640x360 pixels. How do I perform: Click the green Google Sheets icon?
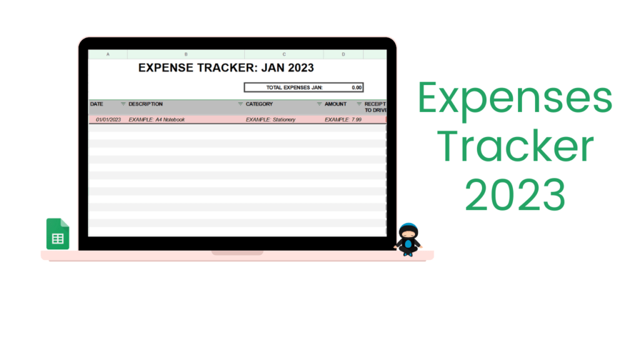[x=57, y=234]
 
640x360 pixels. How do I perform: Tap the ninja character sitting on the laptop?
[x=407, y=239]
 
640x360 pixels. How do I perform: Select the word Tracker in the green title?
[x=515, y=146]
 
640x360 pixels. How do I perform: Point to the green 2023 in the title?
[x=515, y=194]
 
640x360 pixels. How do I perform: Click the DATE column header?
[x=97, y=104]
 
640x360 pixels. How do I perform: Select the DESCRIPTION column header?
[x=145, y=104]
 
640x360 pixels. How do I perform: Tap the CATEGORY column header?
[x=259, y=104]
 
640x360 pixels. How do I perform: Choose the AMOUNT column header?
[x=336, y=104]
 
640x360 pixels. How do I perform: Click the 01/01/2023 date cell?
[x=108, y=119]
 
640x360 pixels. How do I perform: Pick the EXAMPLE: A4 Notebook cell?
[x=157, y=119]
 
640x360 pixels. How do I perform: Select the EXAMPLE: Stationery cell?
[x=271, y=119]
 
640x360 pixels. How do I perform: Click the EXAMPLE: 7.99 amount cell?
[x=343, y=119]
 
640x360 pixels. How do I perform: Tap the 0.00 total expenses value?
[x=357, y=87]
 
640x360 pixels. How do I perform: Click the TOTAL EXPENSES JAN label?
[x=294, y=87]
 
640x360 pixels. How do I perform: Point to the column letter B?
[x=186, y=54]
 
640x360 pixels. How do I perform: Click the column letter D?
[x=343, y=54]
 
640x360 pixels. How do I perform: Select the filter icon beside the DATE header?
[x=123, y=104]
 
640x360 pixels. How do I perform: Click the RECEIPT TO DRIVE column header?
[x=376, y=107]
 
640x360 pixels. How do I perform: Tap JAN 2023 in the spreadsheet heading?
[x=287, y=67]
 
